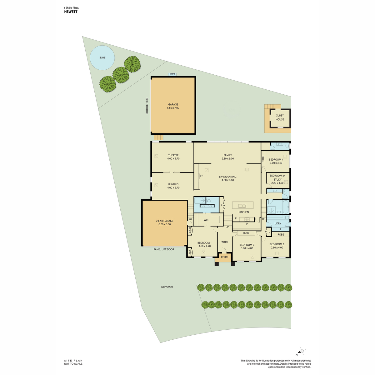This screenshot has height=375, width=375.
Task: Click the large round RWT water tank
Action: tap(102, 58)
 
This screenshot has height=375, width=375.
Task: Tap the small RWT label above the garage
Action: tap(172, 74)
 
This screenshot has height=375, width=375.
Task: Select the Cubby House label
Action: tap(280, 117)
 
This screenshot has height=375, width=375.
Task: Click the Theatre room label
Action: tap(173, 155)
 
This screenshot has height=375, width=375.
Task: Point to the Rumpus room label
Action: tap(173, 184)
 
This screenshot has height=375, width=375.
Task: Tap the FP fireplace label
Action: tap(202, 176)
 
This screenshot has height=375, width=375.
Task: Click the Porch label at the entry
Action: tap(225, 257)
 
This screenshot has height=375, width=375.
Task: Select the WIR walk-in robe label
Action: tap(206, 220)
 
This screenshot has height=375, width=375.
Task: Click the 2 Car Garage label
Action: tap(164, 221)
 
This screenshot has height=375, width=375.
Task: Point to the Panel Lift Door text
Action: tap(164, 249)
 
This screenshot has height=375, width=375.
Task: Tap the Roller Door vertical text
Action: tap(147, 106)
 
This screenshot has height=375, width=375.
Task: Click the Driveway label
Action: tap(167, 287)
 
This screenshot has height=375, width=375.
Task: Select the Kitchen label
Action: tap(244, 212)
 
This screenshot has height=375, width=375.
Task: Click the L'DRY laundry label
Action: tap(278, 223)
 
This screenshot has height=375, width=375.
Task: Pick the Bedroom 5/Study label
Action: tap(277, 177)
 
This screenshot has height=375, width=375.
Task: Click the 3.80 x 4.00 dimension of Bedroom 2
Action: tap(247, 248)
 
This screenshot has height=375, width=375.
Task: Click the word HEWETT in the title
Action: tap(71, 12)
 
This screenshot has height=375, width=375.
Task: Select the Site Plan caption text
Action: tap(73, 361)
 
